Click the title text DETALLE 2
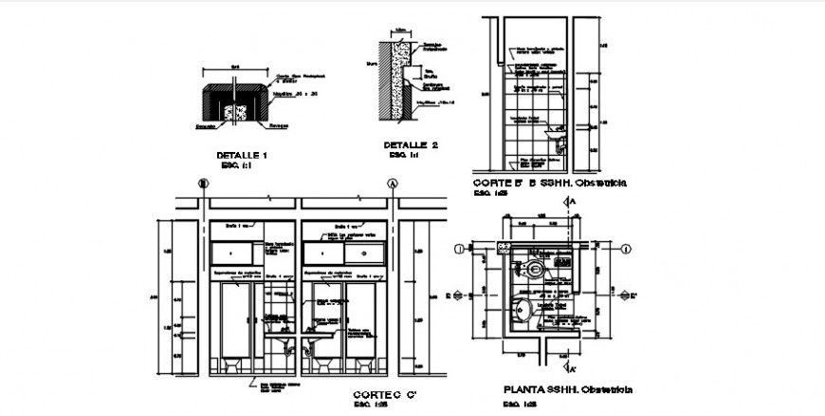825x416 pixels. point(411,145)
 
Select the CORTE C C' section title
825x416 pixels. point(381,394)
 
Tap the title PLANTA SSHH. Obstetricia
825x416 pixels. point(569,389)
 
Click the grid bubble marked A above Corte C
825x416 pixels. point(392,184)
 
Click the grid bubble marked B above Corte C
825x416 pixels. point(201,184)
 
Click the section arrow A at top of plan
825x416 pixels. point(570,202)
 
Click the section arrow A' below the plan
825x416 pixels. point(569,367)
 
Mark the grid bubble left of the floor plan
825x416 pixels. point(460,249)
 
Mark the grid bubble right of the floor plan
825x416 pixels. point(626,249)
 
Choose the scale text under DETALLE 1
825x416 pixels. point(232,164)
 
